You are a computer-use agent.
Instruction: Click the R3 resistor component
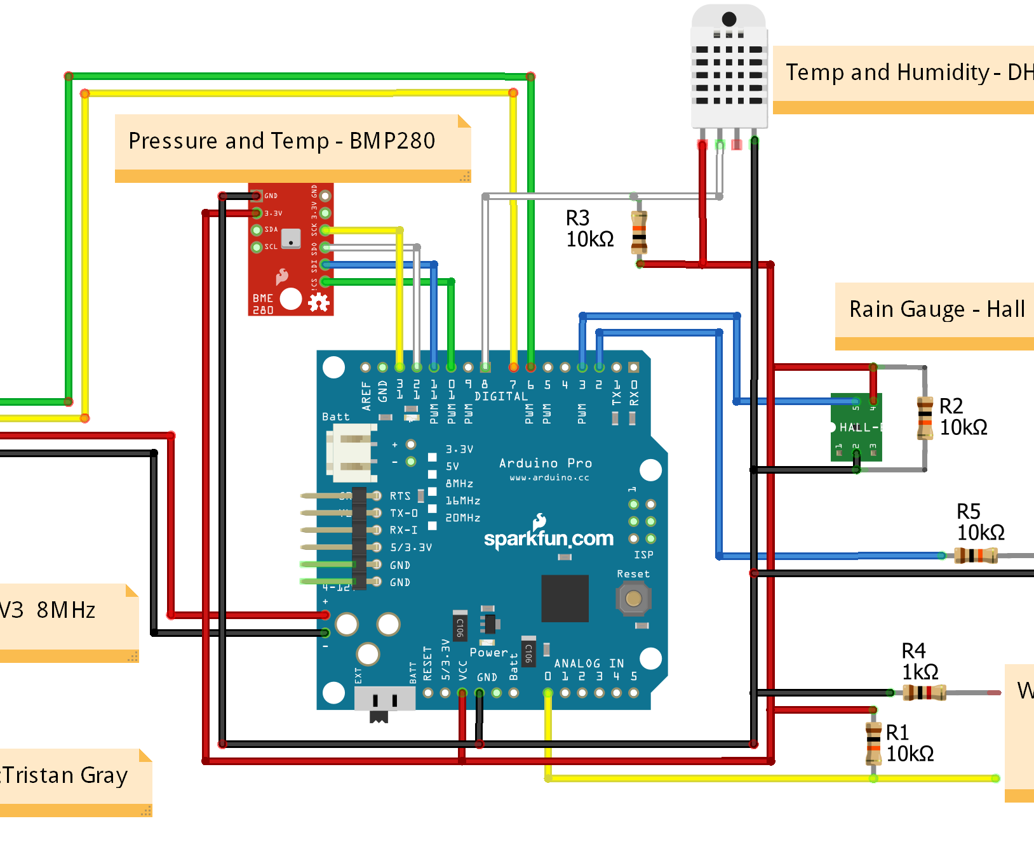click(x=639, y=232)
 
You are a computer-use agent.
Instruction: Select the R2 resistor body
click(x=925, y=418)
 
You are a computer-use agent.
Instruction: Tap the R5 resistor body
click(x=976, y=556)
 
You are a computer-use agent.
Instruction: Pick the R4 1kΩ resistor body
click(x=924, y=693)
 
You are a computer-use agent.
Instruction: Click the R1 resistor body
click(x=874, y=744)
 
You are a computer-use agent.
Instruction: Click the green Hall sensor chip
click(x=856, y=427)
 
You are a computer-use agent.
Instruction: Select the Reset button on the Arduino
click(x=633, y=598)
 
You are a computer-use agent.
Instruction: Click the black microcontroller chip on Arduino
click(x=565, y=598)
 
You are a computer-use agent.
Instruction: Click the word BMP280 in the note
click(x=392, y=140)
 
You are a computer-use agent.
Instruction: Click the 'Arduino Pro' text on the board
click(x=545, y=463)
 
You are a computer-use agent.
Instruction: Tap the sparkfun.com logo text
click(x=548, y=538)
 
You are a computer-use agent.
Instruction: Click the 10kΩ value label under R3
click(x=589, y=239)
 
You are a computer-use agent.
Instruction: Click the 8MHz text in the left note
click(x=65, y=610)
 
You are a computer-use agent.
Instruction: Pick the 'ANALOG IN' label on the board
click(x=588, y=664)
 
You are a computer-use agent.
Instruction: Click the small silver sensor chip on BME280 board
click(x=291, y=238)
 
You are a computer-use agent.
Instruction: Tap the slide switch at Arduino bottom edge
click(x=385, y=700)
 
